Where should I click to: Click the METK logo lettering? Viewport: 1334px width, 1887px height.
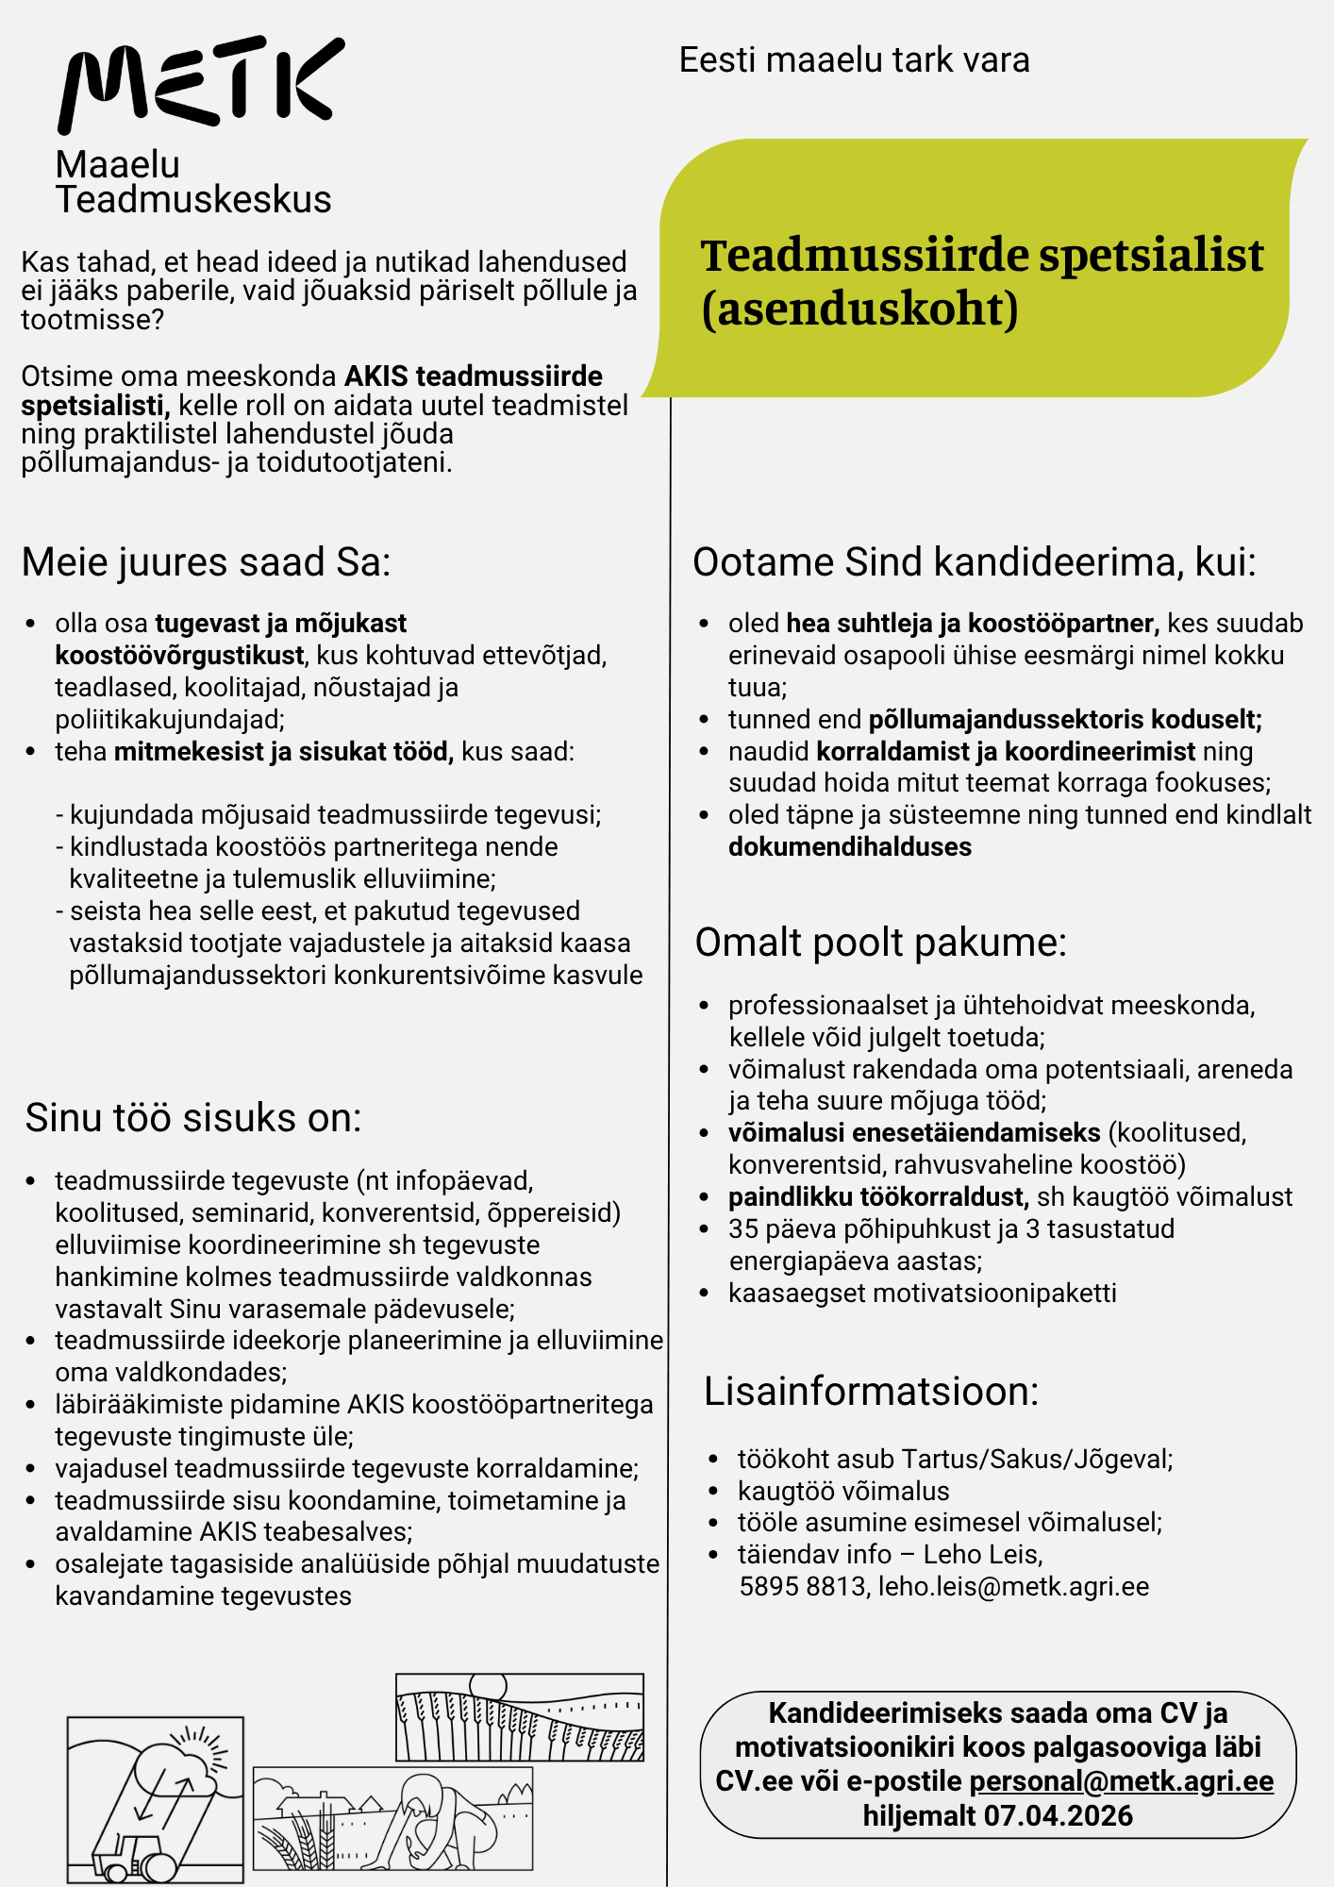[x=201, y=83]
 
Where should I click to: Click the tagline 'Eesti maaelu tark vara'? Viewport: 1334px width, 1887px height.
[x=854, y=60]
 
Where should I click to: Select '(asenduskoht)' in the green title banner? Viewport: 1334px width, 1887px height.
[x=859, y=309]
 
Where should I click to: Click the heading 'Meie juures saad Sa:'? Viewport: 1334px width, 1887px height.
[x=206, y=562]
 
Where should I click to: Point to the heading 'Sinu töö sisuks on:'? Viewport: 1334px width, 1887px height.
[x=193, y=1118]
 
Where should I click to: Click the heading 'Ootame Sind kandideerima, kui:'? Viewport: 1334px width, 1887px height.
[x=975, y=562]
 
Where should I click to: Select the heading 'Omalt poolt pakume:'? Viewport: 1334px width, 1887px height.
[x=880, y=943]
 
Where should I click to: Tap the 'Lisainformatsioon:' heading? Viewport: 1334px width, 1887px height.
[x=871, y=1392]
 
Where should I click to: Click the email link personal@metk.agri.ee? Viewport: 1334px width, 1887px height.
[x=1121, y=1781]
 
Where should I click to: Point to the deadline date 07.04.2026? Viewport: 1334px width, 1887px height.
[x=1058, y=1815]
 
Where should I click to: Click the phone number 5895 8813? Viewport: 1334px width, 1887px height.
[x=802, y=1587]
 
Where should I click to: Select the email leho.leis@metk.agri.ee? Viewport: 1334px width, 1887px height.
[x=1013, y=1587]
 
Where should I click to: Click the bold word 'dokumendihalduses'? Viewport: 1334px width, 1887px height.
[x=849, y=847]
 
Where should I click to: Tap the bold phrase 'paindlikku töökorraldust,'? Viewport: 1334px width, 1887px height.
[x=877, y=1197]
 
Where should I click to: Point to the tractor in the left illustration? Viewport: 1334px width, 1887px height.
[x=132, y=1857]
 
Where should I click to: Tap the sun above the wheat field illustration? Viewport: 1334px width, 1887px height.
[x=488, y=1686]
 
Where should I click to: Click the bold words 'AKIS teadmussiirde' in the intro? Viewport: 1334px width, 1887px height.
[x=473, y=376]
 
